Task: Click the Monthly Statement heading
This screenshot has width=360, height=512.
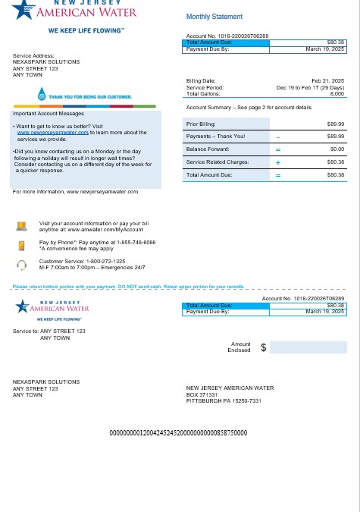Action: point(214,17)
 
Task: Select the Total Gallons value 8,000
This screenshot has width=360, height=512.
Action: point(337,93)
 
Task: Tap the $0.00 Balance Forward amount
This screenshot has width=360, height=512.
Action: point(336,149)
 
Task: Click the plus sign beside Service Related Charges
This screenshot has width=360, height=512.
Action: point(277,162)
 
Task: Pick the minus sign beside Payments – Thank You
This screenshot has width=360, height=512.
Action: point(277,137)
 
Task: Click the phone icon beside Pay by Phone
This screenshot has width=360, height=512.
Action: point(22,244)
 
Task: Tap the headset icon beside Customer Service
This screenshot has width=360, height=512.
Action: point(22,265)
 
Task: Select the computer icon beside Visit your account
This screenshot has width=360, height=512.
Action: point(22,225)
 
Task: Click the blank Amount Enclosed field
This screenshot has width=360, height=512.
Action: point(307,347)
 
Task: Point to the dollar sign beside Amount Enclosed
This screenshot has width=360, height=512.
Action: point(263,347)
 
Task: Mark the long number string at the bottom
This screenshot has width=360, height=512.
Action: point(179,433)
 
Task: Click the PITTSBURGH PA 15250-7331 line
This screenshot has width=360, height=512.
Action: point(224,400)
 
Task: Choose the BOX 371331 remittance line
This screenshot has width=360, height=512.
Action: point(202,394)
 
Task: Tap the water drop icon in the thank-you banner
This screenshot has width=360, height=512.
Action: point(42,96)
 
